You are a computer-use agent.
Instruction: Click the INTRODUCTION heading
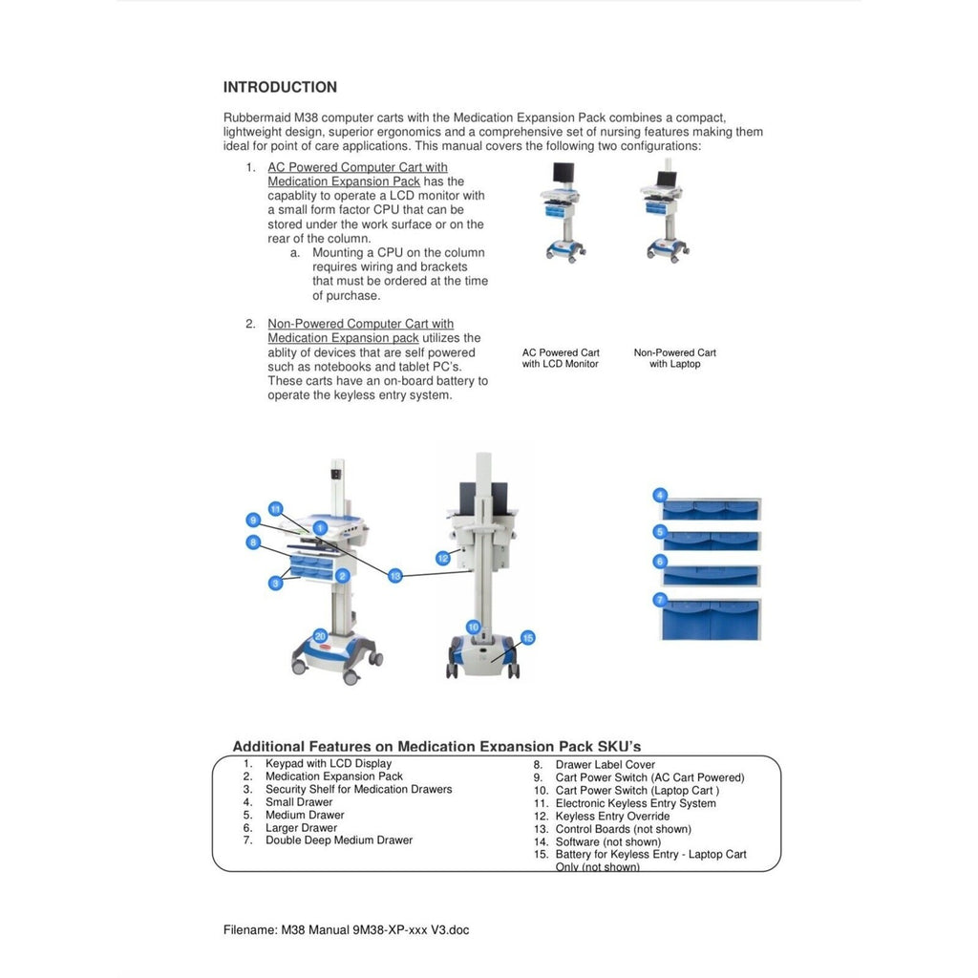point(280,87)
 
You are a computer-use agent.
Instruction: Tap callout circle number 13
point(394,576)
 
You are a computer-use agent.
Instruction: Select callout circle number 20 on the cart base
point(320,635)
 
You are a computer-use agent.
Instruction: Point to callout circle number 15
point(527,637)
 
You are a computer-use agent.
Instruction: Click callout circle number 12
point(443,558)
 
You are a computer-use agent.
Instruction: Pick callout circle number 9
point(253,520)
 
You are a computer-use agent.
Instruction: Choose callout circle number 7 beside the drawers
point(660,600)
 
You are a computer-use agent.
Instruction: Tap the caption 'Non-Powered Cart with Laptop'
point(675,358)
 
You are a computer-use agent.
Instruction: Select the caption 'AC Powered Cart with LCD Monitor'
point(561,358)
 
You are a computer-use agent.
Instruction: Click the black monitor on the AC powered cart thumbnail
point(563,173)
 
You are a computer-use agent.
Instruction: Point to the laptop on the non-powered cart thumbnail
point(666,179)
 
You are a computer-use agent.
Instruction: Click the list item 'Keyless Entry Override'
point(612,816)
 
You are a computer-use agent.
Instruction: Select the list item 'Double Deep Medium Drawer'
point(339,840)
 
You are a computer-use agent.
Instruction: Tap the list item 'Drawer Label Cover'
point(605,765)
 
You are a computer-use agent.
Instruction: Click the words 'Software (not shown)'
point(608,841)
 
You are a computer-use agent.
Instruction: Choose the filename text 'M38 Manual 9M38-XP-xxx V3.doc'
point(374,930)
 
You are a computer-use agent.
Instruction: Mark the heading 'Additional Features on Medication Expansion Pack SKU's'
point(436,746)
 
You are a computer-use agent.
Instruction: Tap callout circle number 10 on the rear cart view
point(473,627)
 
